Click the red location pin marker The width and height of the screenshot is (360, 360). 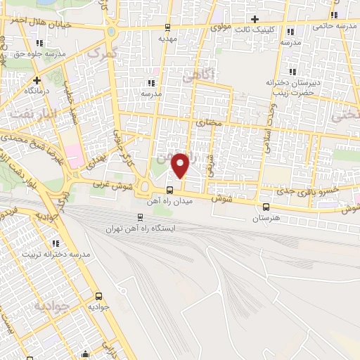pos(181,165)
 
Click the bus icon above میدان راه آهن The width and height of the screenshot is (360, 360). pos(169,190)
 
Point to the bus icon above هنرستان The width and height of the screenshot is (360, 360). pos(266,207)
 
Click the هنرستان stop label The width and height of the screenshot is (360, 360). pos(265,219)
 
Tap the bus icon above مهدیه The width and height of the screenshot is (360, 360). pos(167,28)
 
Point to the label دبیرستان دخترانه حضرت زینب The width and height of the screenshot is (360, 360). pos(293,87)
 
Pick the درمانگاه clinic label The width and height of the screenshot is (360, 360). pos(36,91)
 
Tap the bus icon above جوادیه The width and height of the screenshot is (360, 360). pos(98,296)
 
